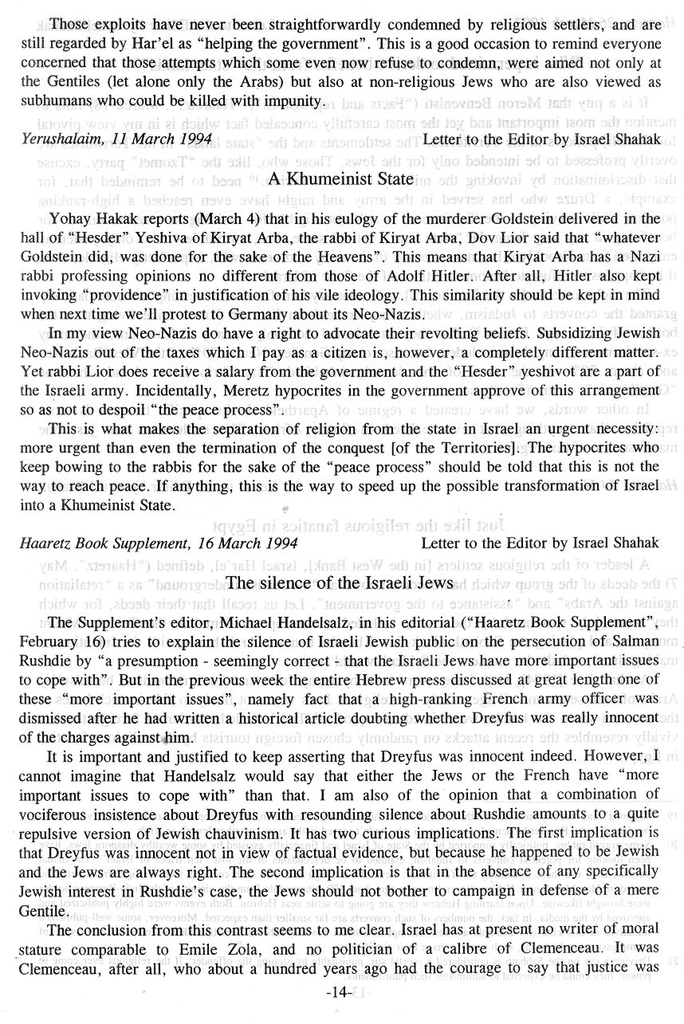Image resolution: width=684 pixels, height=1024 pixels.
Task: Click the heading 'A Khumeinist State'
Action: click(x=340, y=180)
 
